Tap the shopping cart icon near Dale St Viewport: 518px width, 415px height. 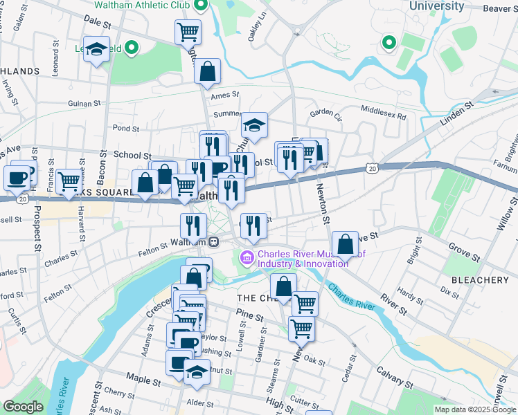click(x=188, y=31)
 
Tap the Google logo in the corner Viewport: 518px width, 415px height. click(x=23, y=407)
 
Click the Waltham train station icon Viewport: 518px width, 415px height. click(x=215, y=242)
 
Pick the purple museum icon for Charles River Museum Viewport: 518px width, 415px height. click(x=246, y=259)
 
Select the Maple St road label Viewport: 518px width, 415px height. click(x=144, y=378)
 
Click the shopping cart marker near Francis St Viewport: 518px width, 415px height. click(x=69, y=181)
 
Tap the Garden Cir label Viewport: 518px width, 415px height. click(x=326, y=113)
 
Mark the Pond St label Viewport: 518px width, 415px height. click(x=126, y=128)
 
